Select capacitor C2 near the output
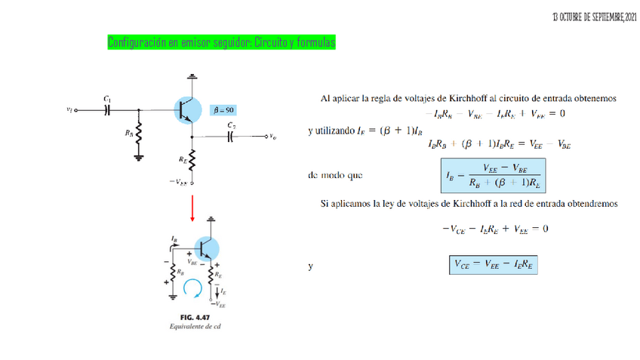[x=231, y=137]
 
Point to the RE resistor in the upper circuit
[x=192, y=160]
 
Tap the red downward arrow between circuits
[x=192, y=208]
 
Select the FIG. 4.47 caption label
[x=189, y=317]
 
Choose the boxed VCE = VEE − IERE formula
[x=495, y=265]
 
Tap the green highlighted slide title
[x=221, y=42]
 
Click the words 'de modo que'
[x=336, y=176]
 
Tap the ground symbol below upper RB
[x=139, y=158]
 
